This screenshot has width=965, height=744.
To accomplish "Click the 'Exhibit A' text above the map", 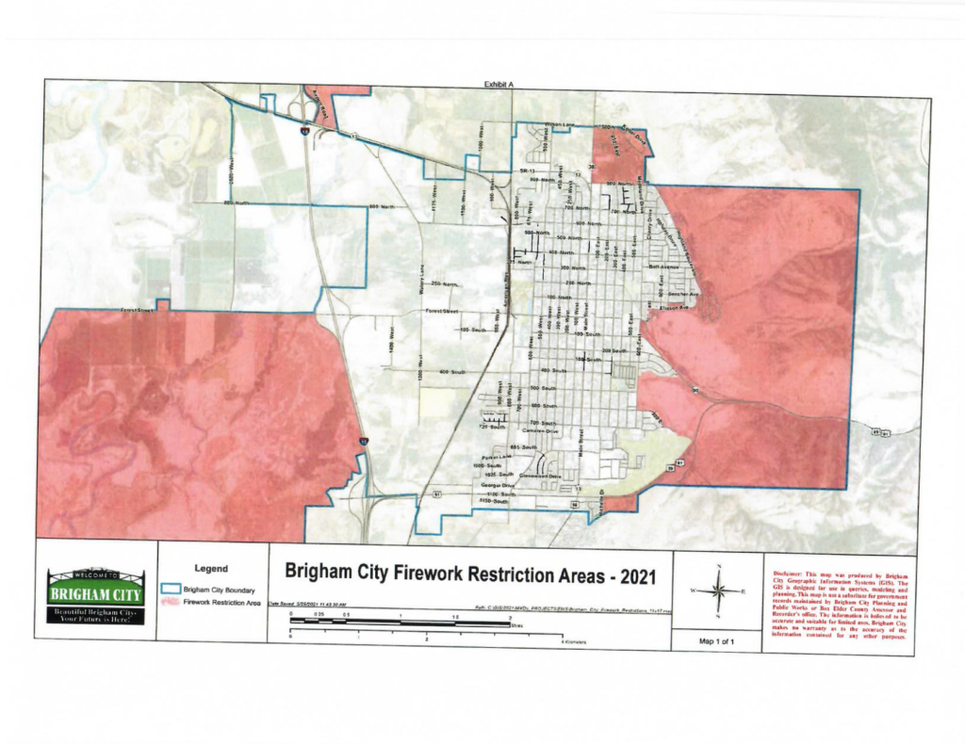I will (x=499, y=85).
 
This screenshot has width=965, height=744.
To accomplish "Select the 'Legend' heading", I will (x=210, y=569).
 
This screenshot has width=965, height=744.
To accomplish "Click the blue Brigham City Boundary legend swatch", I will (x=172, y=589).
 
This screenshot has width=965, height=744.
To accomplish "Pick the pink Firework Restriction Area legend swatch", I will (x=172, y=602).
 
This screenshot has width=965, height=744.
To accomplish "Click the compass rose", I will (x=718, y=591).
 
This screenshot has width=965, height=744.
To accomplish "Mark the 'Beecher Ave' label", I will (x=679, y=294).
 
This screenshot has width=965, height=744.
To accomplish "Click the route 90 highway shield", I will (x=695, y=389).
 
